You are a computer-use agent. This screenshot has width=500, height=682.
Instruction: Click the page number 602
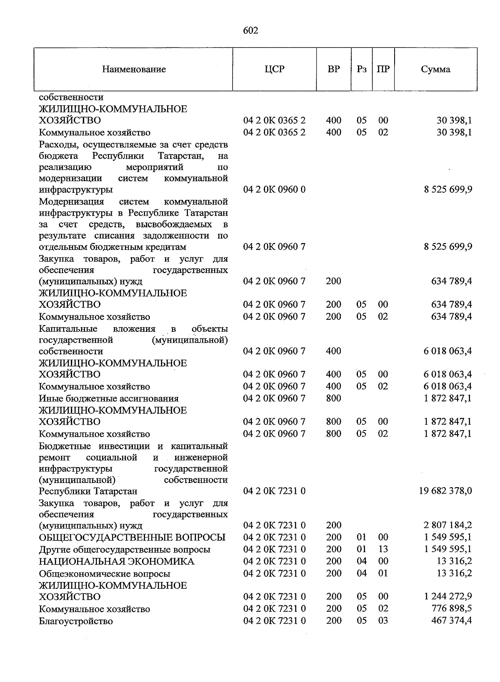point(250,31)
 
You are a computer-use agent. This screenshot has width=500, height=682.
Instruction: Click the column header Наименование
point(134,70)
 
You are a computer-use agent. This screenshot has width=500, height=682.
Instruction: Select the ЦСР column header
point(274,69)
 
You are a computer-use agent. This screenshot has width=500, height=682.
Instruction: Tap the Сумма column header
point(435,70)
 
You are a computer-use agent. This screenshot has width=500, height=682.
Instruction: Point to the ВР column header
point(333,69)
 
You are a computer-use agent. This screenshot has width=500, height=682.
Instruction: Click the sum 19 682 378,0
point(445,491)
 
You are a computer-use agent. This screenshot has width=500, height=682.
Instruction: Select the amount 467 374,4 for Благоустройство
point(451,621)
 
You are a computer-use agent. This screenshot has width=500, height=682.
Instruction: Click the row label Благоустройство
point(76,621)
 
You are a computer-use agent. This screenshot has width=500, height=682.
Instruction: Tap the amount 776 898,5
point(451,609)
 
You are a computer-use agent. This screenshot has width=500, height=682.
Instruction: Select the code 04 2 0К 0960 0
point(274,190)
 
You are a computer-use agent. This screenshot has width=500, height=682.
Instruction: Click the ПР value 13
point(383,549)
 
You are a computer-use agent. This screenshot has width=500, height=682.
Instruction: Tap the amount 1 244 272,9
point(448,597)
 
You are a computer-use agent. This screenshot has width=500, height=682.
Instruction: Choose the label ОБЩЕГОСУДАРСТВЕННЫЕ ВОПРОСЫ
point(132,537)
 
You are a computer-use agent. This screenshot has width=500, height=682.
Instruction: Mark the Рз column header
point(361,70)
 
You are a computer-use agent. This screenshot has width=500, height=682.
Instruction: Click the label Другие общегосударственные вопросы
point(124,550)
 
